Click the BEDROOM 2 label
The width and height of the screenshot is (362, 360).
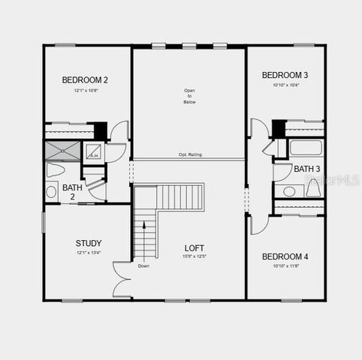click(x=85, y=79)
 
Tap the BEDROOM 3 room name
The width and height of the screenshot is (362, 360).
click(x=284, y=75)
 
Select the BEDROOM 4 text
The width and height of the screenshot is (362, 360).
click(x=285, y=256)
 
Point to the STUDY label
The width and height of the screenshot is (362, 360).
click(x=88, y=243)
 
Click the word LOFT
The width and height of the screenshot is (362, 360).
click(x=195, y=247)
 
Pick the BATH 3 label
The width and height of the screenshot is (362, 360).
click(x=306, y=169)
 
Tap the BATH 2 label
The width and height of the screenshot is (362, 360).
click(x=72, y=192)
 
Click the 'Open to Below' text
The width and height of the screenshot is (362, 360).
click(x=189, y=97)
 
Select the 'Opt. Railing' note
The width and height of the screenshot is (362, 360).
click(x=190, y=155)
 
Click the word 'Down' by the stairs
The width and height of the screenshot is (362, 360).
click(x=143, y=265)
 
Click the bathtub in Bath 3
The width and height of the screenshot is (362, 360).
click(x=305, y=148)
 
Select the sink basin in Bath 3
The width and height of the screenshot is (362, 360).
click(x=288, y=191)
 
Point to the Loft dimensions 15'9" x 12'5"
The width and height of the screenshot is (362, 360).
click(x=195, y=257)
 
